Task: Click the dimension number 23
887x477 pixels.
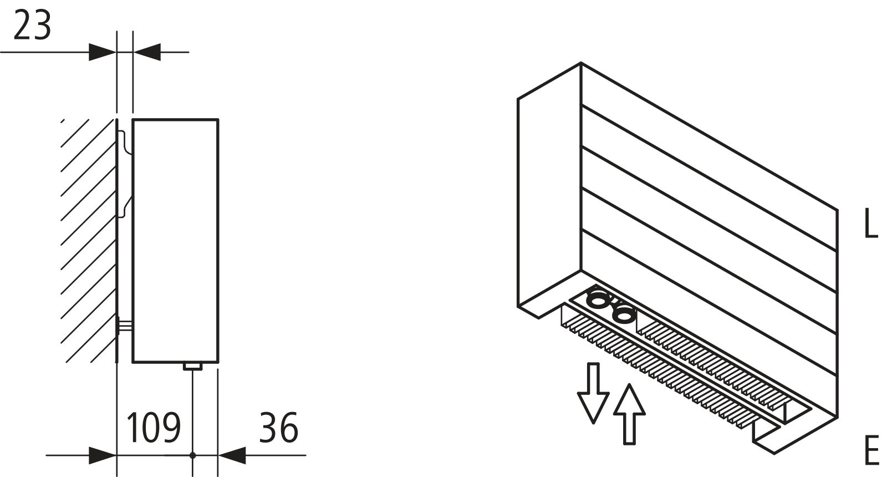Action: coord(32,27)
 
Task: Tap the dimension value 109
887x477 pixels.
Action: coord(154,428)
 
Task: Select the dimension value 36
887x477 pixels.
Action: coord(279,428)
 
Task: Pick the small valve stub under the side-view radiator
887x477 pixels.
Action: coord(192,366)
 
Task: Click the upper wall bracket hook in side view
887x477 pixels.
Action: coord(126,141)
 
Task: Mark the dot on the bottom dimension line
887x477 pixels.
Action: coord(192,455)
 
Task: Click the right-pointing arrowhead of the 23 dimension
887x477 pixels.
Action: coord(103,52)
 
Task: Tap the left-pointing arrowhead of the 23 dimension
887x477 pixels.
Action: coord(147,52)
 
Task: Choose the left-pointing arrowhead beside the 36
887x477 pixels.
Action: coord(232,455)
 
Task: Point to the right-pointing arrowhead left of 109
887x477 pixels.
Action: coord(103,455)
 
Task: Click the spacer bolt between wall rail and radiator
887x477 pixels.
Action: coord(126,326)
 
